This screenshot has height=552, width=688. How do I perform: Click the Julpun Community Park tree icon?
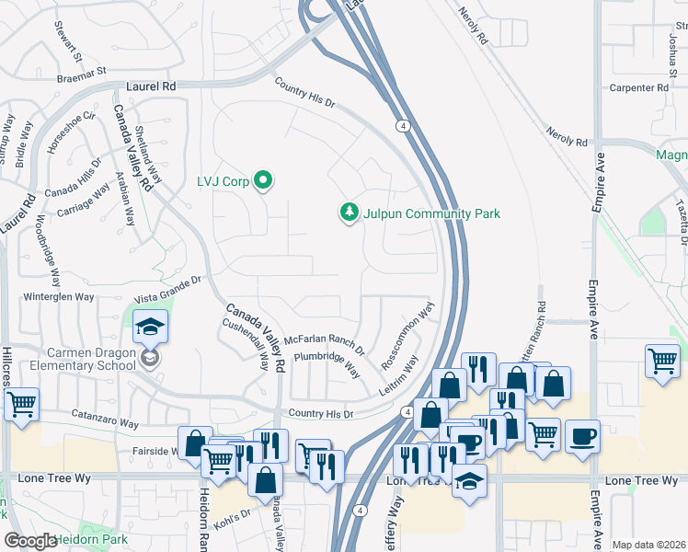click(349, 213)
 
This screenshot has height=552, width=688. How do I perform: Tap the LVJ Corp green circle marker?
click(263, 180)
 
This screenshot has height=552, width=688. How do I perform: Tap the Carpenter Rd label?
click(637, 87)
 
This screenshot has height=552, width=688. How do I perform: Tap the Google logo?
click(30, 541)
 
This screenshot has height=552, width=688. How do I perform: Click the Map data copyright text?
click(648, 545)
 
